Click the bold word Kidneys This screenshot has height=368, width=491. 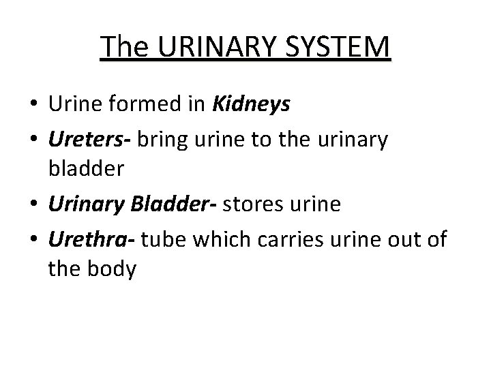point(252,104)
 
